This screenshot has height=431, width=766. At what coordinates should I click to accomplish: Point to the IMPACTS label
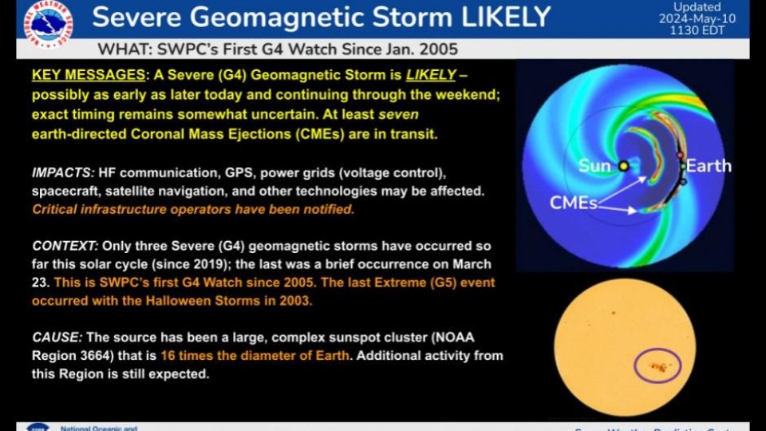click(x=62, y=173)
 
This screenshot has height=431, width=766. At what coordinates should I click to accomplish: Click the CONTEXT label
click(x=64, y=246)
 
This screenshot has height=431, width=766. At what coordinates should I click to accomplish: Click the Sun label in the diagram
click(x=594, y=166)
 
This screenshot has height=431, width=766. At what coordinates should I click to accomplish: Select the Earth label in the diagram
click(x=709, y=166)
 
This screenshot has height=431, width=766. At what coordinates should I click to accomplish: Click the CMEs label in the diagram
click(x=573, y=203)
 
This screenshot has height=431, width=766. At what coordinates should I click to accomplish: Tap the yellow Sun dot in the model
click(x=623, y=166)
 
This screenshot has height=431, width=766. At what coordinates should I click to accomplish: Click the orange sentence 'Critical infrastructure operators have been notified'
click(x=193, y=210)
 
